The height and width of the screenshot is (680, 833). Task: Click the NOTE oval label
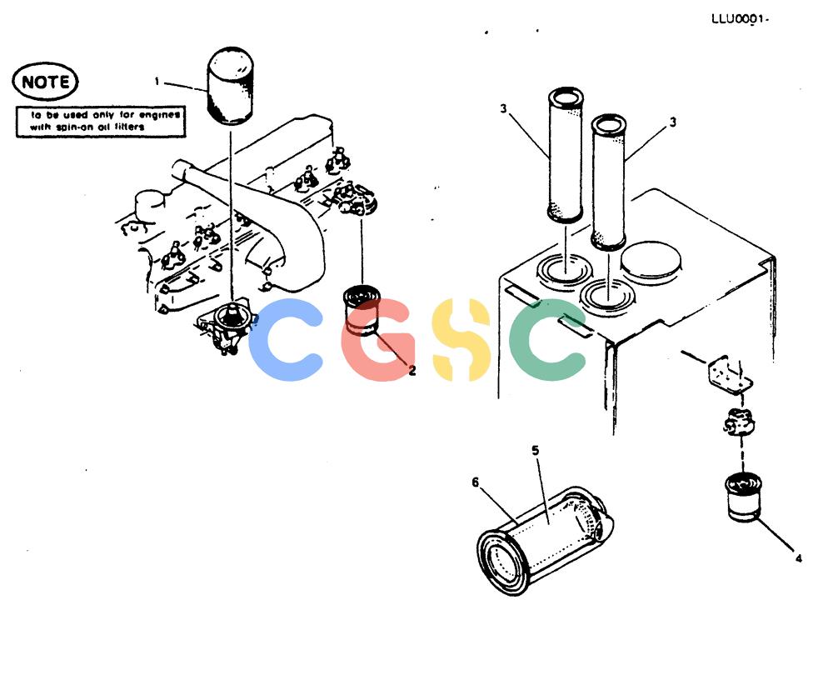45,82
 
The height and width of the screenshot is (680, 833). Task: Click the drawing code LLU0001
740,19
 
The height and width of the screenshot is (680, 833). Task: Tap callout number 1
157,82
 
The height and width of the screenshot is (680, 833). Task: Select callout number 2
412,371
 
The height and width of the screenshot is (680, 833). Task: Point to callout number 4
798,558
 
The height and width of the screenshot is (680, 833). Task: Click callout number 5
535,450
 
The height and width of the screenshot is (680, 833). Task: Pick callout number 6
475,482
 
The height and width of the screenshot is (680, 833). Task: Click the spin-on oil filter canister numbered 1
230,86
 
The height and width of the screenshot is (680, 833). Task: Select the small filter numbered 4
744,497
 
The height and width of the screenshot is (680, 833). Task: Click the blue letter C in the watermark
286,339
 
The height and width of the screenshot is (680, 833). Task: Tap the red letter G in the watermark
377,339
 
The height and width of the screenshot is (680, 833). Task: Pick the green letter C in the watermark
546,339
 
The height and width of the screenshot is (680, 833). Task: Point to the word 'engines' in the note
159,115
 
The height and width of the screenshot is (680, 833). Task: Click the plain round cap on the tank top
651,261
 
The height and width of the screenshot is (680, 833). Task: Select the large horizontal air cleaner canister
545,540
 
